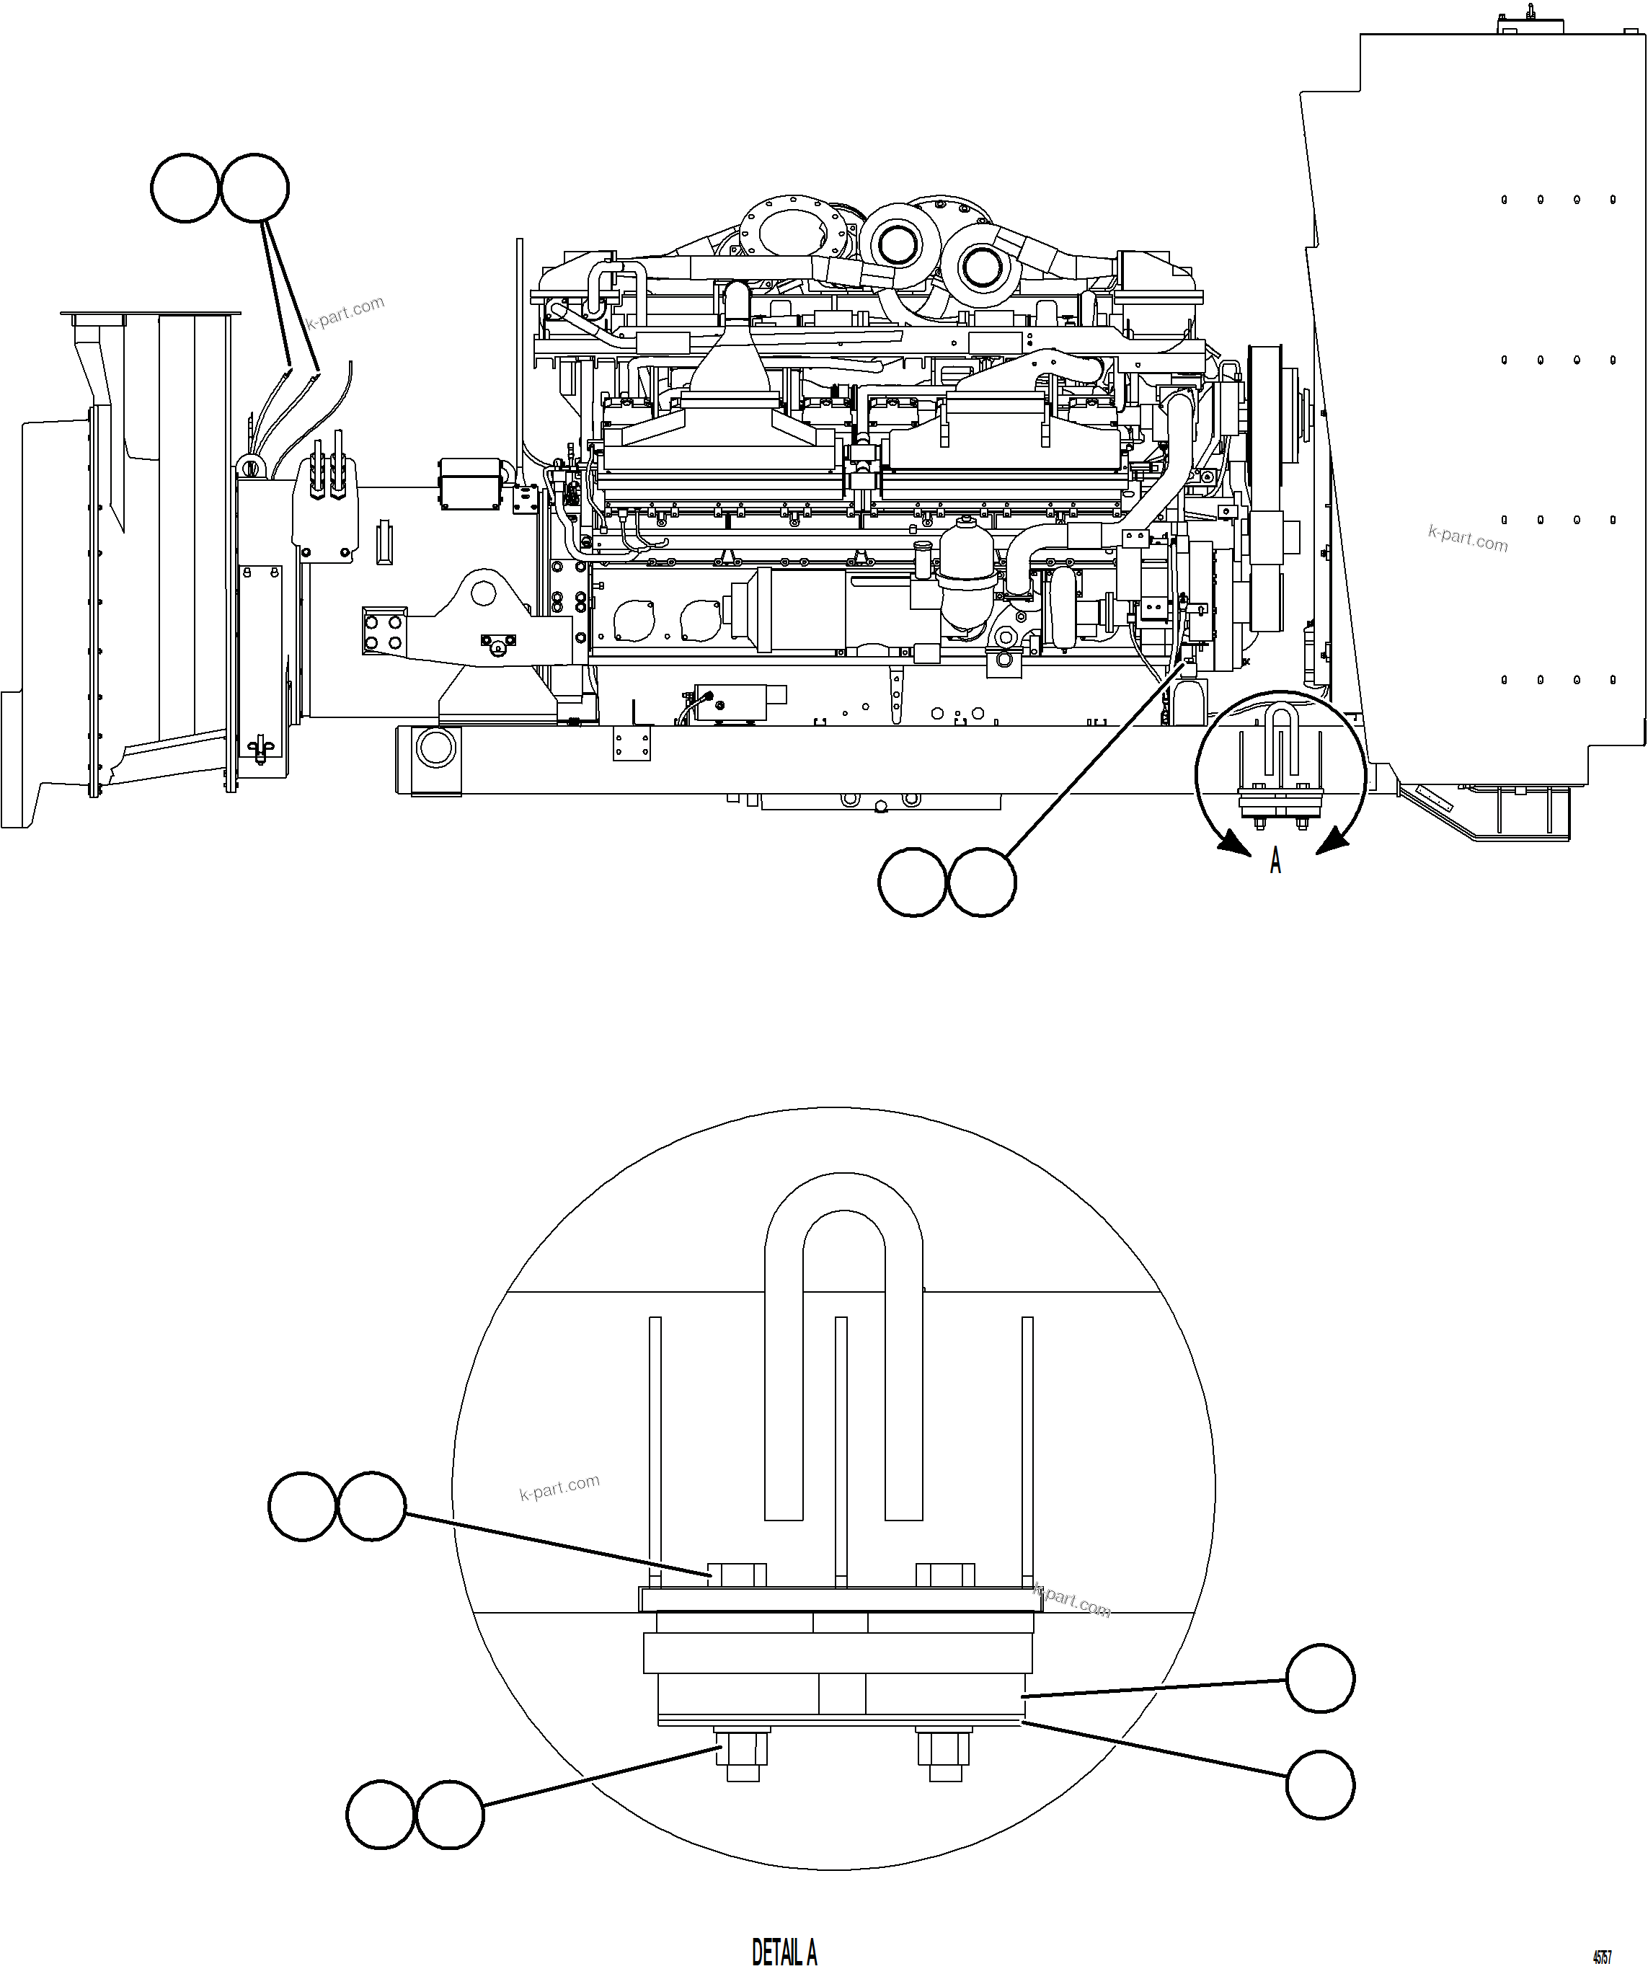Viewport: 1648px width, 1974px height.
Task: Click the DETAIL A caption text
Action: pos(784,1952)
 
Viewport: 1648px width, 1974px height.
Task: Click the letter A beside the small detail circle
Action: pos(1275,860)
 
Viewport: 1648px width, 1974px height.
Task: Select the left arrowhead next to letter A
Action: pos(1233,845)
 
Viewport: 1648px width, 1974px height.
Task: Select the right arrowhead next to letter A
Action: pos(1329,845)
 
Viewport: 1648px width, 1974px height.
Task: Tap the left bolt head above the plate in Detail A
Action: pos(737,1575)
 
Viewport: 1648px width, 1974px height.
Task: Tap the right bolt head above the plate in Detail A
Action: pos(945,1575)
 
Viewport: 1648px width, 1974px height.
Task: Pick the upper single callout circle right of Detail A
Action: pos(1320,1678)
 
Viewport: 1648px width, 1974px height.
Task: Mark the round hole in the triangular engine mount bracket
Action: pos(483,592)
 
